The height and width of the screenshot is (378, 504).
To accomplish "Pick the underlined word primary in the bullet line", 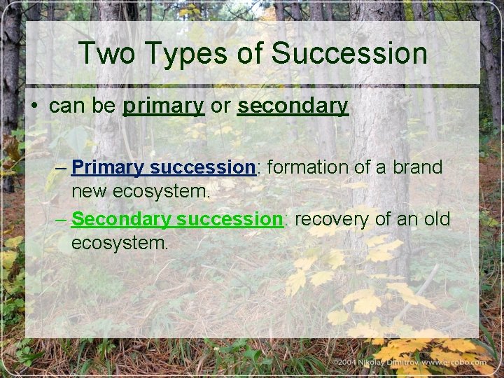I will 163,106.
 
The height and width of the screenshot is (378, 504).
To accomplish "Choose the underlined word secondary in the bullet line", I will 293,106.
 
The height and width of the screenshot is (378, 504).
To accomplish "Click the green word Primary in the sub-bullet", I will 108,168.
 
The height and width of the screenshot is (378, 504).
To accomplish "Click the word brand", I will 419,168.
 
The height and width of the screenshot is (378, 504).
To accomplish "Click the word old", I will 437,220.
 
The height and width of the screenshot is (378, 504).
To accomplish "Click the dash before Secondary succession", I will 61,220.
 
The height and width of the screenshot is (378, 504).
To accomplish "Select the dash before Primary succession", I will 61,168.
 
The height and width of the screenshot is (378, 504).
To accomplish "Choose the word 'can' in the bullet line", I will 65,106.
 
